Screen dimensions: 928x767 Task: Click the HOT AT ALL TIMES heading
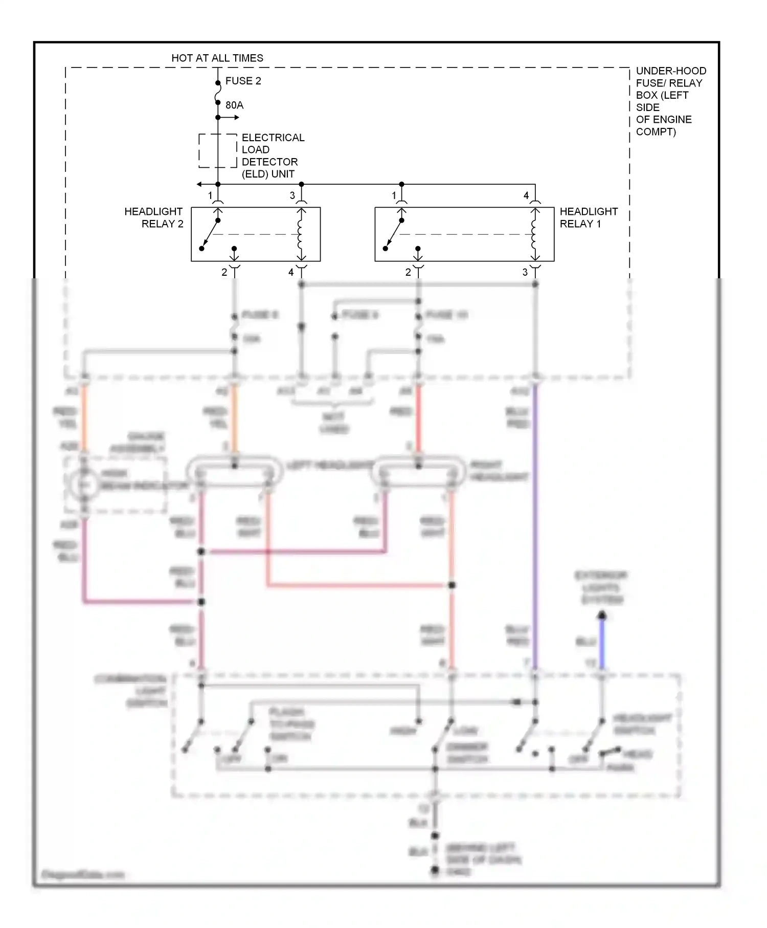pyautogui.click(x=217, y=58)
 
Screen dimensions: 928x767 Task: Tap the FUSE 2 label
pyautogui.click(x=243, y=81)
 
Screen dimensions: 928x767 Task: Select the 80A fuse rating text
pyautogui.click(x=234, y=105)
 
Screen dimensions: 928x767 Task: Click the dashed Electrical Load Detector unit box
pyautogui.click(x=218, y=151)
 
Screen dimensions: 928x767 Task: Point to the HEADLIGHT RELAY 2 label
pyautogui.click(x=154, y=217)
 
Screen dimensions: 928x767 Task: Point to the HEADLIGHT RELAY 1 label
pyautogui.click(x=589, y=217)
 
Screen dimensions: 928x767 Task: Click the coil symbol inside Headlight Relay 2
pyautogui.click(x=301, y=234)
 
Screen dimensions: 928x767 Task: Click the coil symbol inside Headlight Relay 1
pyautogui.click(x=535, y=234)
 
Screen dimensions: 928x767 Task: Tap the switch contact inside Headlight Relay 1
pyautogui.click(x=394, y=234)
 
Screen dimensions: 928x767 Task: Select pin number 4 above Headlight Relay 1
pyautogui.click(x=526, y=195)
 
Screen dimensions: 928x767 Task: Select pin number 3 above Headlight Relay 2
pyautogui.click(x=292, y=195)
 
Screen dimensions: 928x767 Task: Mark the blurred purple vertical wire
pyautogui.click(x=535, y=527)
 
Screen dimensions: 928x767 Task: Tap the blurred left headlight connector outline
pyautogui.click(x=235, y=471)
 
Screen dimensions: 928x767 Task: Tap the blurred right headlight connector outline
pyautogui.click(x=419, y=471)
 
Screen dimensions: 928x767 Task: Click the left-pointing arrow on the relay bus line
pyautogui.click(x=200, y=184)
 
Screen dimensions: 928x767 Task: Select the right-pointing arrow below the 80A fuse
pyautogui.click(x=236, y=118)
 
